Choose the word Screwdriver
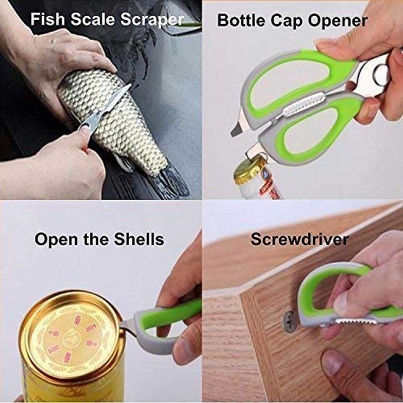click(299, 239)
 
